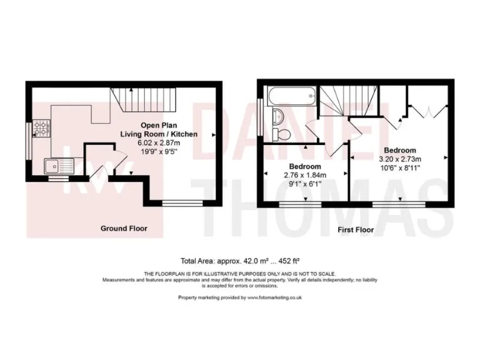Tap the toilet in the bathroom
[283, 134]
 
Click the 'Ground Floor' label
[124, 229]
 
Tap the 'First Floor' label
[356, 230]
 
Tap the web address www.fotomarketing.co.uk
[275, 298]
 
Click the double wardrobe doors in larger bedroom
[428, 111]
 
